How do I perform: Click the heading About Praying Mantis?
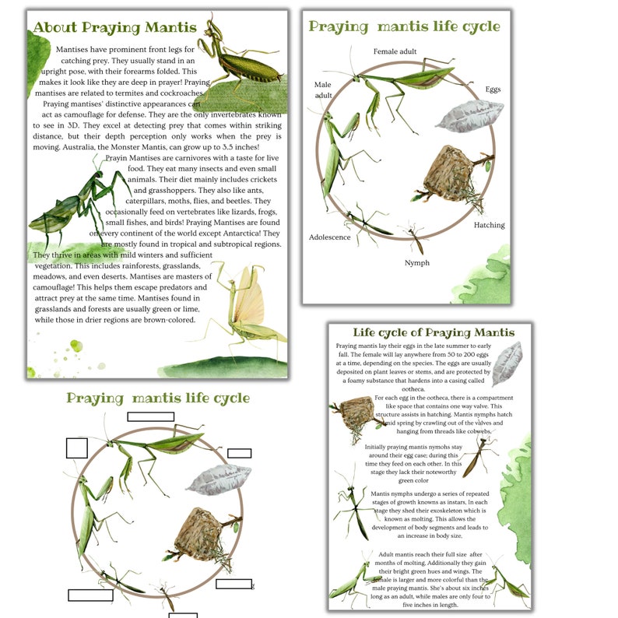(114, 28)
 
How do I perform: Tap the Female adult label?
(395, 51)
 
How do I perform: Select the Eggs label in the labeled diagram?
(493, 90)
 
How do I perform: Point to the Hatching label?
(489, 226)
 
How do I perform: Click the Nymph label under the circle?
(416, 263)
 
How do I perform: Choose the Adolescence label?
(329, 237)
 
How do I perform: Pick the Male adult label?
(323, 90)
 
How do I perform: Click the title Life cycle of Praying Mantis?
(433, 332)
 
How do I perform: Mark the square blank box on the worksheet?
(76, 448)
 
